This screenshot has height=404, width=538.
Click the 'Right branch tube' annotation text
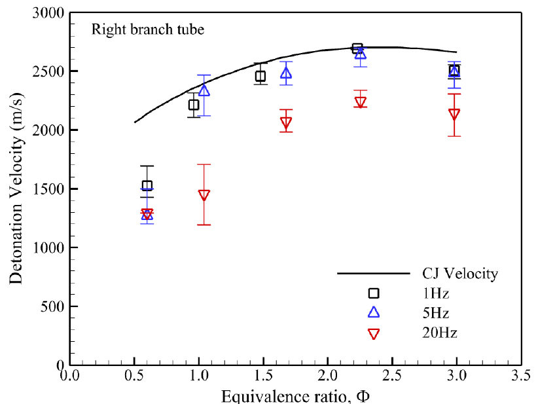148,29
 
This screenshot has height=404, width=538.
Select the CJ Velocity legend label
460,274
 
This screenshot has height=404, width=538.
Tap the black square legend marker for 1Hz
374,293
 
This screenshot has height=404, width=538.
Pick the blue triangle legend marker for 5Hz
374,312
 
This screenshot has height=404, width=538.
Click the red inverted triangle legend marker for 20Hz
374,334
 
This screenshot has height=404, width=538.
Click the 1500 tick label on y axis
48,189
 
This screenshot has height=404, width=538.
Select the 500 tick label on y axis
52,306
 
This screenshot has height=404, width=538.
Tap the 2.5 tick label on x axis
392,375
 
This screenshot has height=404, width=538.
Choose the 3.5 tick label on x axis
521,375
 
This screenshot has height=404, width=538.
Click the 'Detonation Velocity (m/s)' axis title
16,189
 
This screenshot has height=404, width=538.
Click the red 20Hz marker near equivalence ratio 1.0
204,195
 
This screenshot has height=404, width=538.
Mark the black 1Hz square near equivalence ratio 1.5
260,76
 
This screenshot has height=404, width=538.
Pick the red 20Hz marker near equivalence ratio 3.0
454,115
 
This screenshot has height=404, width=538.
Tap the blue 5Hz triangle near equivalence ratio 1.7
286,73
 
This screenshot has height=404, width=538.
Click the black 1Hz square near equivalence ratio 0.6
147,185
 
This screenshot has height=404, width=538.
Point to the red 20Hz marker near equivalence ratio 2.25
360,102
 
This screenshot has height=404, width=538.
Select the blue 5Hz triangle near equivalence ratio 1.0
204,90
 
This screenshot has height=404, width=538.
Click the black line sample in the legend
373,274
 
